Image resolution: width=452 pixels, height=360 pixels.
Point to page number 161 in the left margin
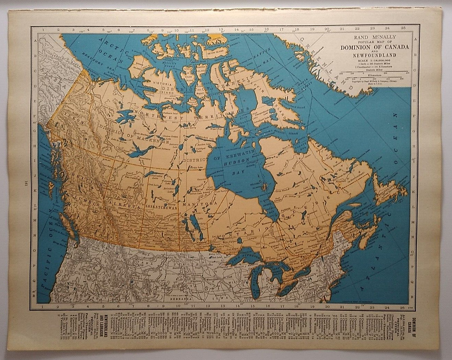(x=26, y=183)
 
